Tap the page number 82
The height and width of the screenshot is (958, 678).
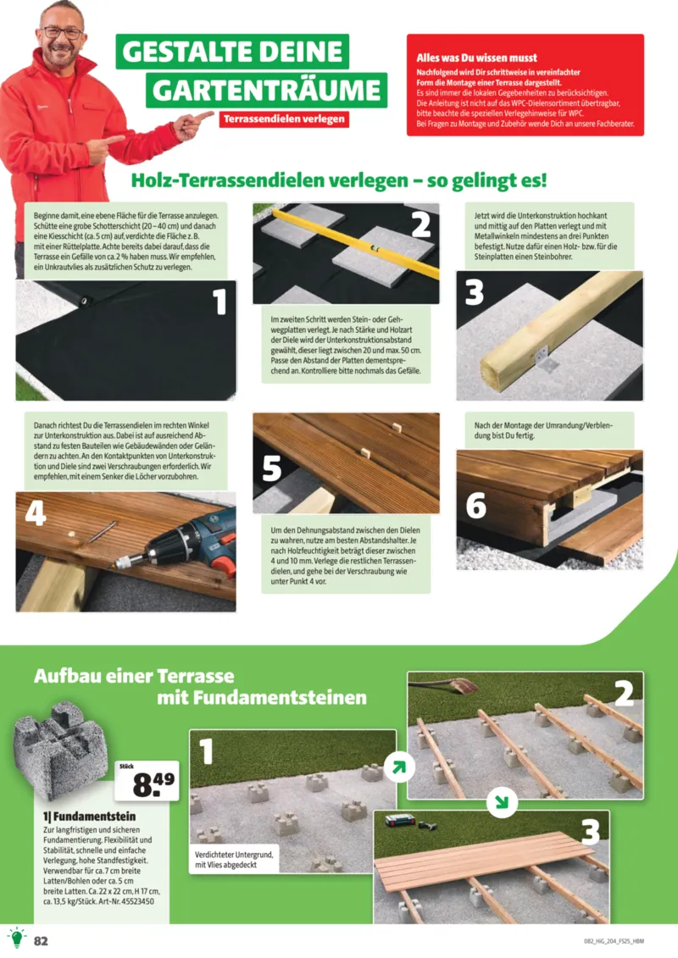click(x=41, y=939)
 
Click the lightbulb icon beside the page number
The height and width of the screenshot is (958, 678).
click(x=16, y=938)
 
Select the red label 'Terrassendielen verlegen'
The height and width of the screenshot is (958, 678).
click(x=283, y=119)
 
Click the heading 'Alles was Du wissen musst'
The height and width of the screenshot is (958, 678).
click(x=476, y=58)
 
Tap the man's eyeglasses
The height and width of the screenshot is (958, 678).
click(x=64, y=33)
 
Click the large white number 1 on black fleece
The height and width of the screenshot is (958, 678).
click(x=220, y=302)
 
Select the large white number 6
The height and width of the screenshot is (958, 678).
click(x=475, y=505)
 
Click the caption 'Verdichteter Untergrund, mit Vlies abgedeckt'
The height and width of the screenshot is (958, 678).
click(x=234, y=861)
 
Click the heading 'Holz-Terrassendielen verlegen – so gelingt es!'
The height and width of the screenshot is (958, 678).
click(x=339, y=180)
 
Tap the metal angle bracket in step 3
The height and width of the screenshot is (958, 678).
click(x=545, y=359)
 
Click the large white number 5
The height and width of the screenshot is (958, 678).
click(x=272, y=468)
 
